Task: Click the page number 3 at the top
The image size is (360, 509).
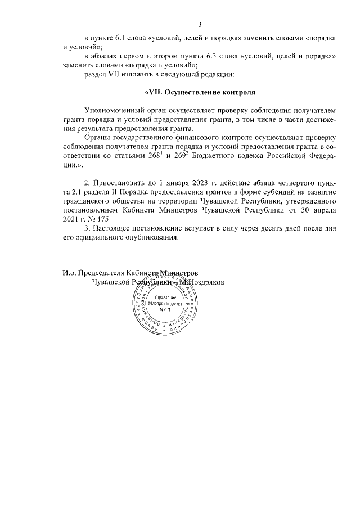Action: [x=200, y=24]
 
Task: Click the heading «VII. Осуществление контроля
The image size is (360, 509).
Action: [x=200, y=92]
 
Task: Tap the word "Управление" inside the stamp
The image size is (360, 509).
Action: [x=165, y=296]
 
